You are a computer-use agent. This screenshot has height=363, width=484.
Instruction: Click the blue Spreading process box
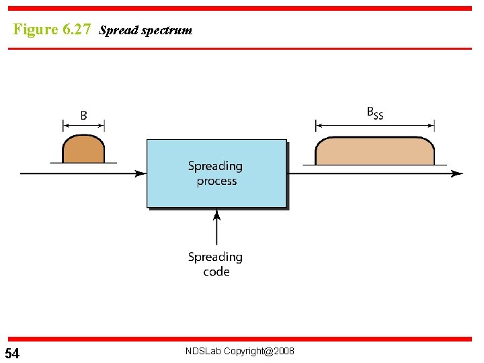point(216,173)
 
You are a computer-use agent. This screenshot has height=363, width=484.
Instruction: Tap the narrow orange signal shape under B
point(83,150)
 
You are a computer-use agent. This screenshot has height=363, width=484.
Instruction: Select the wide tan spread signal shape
point(374,151)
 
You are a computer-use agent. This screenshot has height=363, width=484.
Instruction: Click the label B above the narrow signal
point(83,115)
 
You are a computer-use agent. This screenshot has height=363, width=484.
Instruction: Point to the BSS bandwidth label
point(374,113)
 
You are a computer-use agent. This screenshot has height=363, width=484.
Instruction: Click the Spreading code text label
point(216,264)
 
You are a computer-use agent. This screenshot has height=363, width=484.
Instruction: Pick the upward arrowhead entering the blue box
point(216,215)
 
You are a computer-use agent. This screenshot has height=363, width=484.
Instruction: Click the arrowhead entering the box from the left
point(140,173)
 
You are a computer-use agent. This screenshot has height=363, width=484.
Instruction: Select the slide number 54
point(12,354)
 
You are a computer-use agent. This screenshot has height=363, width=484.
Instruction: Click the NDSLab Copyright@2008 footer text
point(239,352)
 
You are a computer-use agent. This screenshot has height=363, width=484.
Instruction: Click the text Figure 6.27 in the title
point(52,30)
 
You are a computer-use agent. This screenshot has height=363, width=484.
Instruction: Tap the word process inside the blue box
point(216,182)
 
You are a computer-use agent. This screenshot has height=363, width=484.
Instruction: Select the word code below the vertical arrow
point(216,272)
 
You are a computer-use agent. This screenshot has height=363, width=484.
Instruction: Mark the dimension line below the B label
point(83,125)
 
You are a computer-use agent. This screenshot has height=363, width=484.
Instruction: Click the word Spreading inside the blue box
point(215,166)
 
